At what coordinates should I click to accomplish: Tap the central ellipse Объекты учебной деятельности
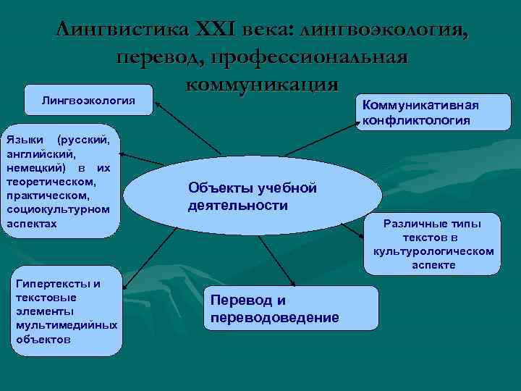(x=253, y=197)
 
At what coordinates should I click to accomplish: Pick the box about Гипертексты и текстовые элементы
(x=66, y=311)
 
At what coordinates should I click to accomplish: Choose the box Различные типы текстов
(x=432, y=244)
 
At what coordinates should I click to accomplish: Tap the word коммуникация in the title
(x=261, y=83)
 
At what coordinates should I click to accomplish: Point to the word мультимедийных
(x=66, y=325)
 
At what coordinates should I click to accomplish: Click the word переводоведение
(x=274, y=317)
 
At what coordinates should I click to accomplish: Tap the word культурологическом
(x=433, y=251)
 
